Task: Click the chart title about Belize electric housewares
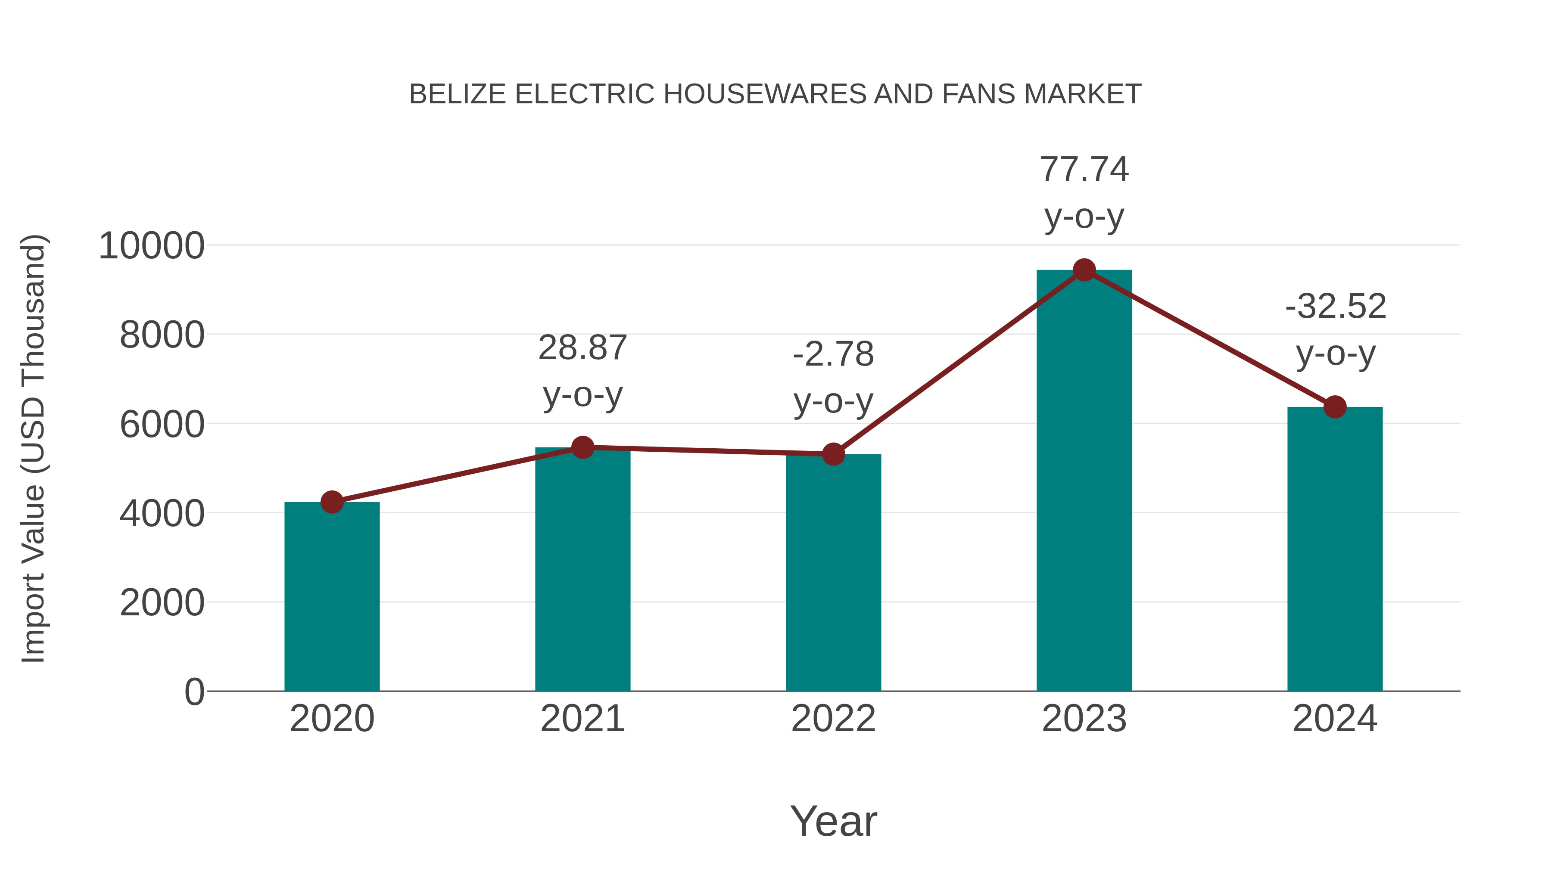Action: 775,94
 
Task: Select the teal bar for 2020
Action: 332,596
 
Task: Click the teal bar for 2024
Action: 1335,548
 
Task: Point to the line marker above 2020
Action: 332,501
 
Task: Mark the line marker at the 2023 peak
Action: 1084,270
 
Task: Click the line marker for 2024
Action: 1335,407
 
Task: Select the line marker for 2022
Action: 833,454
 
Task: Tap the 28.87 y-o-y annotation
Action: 582,371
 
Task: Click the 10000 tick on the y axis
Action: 151,246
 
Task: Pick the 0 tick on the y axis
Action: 194,692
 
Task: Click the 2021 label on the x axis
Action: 582,719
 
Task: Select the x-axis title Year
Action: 833,821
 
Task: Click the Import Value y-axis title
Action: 34,448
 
